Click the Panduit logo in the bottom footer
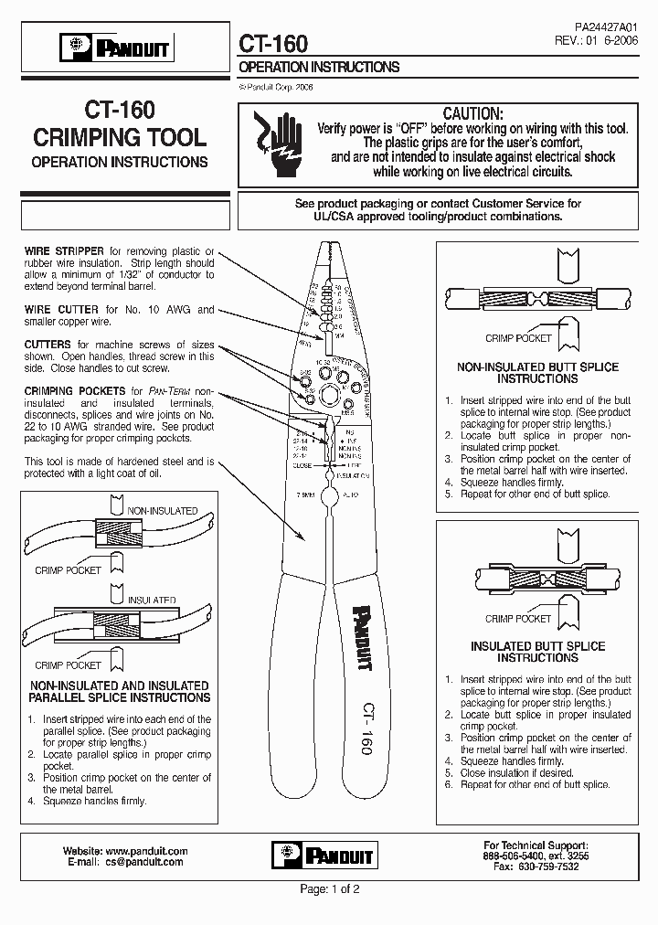click(324, 855)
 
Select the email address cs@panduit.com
click(143, 862)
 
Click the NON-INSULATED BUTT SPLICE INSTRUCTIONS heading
click(537, 372)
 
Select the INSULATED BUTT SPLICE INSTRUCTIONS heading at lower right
click(537, 652)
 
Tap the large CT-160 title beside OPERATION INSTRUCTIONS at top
click(273, 44)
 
